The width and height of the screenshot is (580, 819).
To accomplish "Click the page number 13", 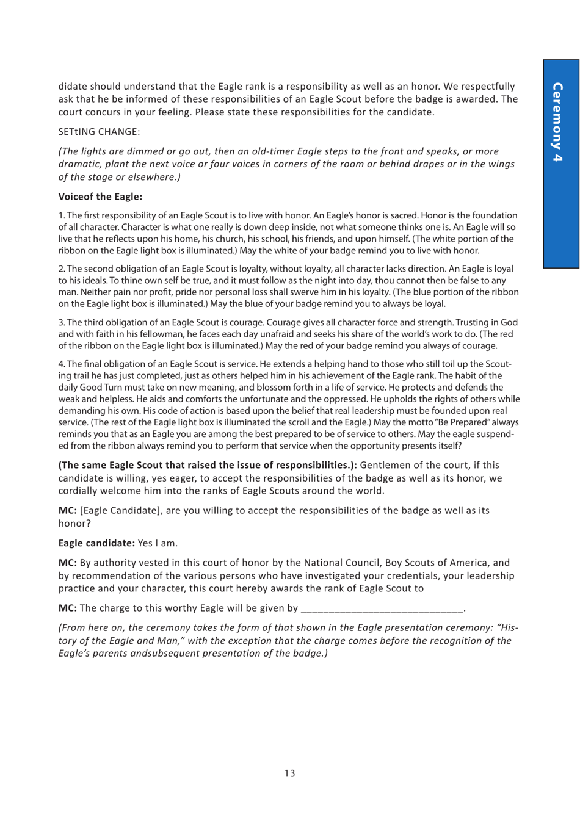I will pos(289,773).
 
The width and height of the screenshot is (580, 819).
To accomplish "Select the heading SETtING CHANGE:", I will pos(99,132).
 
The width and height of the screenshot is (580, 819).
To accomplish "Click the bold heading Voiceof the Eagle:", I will pos(100,197).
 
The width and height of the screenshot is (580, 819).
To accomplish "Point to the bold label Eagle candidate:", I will pos(96,543).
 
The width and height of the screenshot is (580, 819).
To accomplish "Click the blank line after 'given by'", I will pos(382,608).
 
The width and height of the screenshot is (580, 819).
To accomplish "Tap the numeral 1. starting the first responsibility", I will pos(62,215).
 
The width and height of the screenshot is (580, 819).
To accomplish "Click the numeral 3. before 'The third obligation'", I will pos(62,322).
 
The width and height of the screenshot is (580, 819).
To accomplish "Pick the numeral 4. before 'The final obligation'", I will pos(62,364).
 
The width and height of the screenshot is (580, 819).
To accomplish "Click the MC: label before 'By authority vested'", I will pos(67,563).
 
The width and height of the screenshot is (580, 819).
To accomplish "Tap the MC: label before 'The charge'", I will pos(67,608).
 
